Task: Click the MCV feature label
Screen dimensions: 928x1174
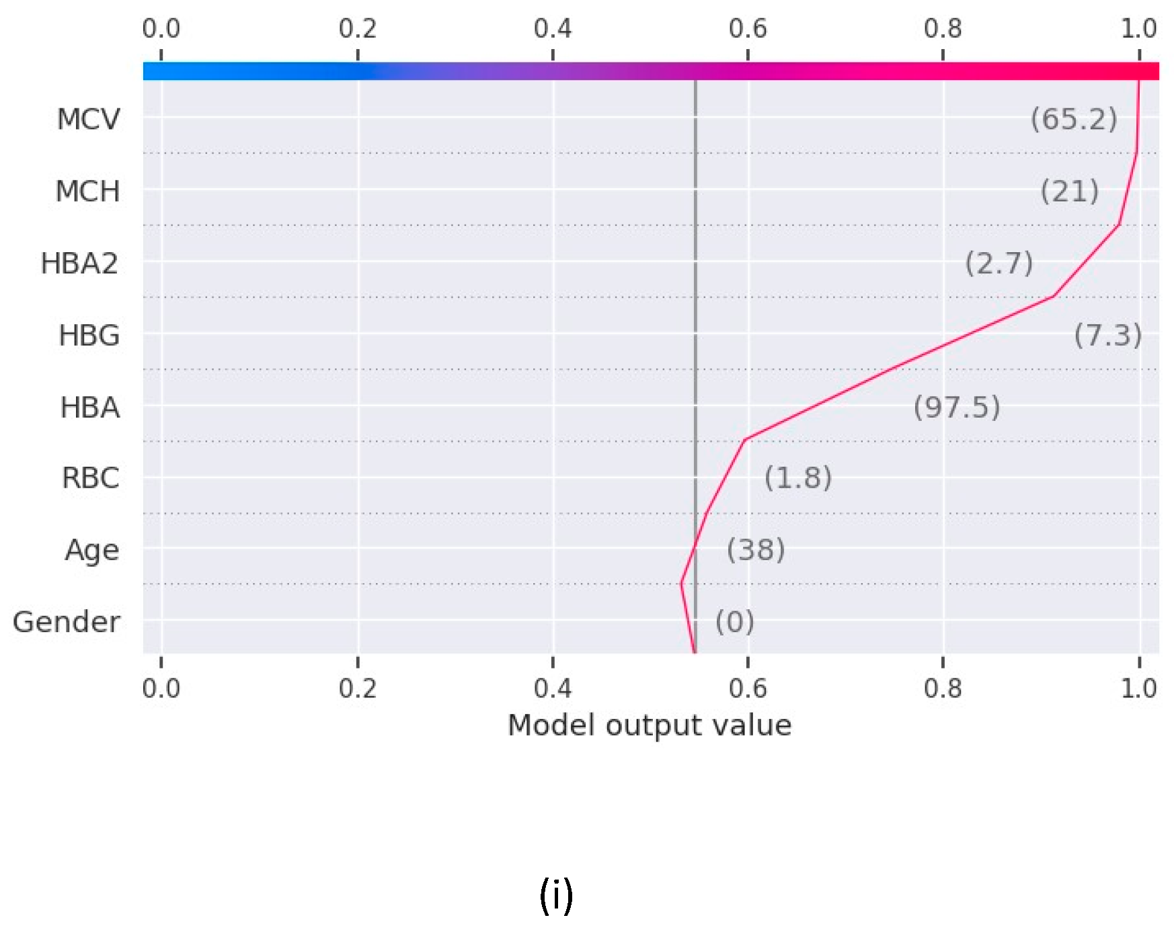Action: click(88, 119)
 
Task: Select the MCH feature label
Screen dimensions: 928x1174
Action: click(87, 191)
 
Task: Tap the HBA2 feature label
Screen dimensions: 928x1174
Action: click(79, 263)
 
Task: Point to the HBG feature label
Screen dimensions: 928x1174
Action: click(89, 335)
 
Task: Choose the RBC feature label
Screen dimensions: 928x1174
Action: click(90, 478)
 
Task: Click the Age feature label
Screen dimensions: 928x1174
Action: click(92, 550)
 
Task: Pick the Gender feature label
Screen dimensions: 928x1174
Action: click(66, 622)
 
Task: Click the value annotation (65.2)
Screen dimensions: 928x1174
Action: click(1074, 119)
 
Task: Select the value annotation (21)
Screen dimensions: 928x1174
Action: click(1069, 192)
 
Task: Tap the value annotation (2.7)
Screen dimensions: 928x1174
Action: click(999, 263)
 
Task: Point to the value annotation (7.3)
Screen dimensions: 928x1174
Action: click(1107, 335)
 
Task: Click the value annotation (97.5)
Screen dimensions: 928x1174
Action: click(957, 407)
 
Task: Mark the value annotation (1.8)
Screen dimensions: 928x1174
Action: click(798, 478)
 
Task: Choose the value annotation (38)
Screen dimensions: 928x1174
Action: click(756, 550)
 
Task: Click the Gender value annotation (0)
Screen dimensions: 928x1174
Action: click(734, 622)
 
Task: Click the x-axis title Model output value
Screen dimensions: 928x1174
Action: click(650, 726)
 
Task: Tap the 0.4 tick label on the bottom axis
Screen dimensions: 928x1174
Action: click(553, 688)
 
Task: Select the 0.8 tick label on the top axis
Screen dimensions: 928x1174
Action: click(943, 28)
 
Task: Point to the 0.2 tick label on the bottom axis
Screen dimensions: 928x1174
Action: click(358, 688)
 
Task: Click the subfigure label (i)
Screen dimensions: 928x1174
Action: click(556, 896)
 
